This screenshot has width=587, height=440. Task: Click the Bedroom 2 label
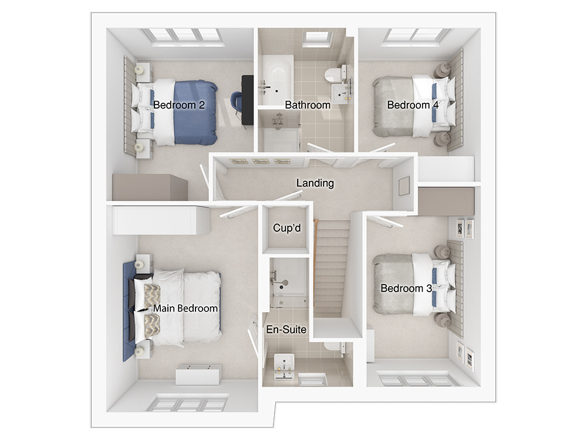tap(179, 105)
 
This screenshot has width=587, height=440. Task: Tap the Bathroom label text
tap(308, 105)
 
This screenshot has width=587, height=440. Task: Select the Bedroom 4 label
tap(413, 105)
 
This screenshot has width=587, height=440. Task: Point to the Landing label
tap(315, 183)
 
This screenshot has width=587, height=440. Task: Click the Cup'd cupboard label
tap(287, 228)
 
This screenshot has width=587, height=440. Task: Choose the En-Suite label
tap(286, 329)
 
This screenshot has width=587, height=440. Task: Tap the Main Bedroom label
tap(185, 309)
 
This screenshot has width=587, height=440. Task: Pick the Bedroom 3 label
tap(406, 288)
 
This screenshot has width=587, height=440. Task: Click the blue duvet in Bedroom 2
tap(195, 112)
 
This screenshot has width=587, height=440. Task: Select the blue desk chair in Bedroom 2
tap(236, 101)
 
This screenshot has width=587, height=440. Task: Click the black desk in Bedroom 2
tap(248, 100)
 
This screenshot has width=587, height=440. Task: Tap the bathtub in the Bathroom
tap(278, 80)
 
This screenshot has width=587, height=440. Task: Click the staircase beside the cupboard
tap(331, 268)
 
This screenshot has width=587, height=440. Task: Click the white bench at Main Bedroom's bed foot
tap(198, 374)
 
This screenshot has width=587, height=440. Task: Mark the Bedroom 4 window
tap(415, 36)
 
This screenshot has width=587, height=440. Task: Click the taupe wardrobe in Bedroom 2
tap(150, 187)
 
